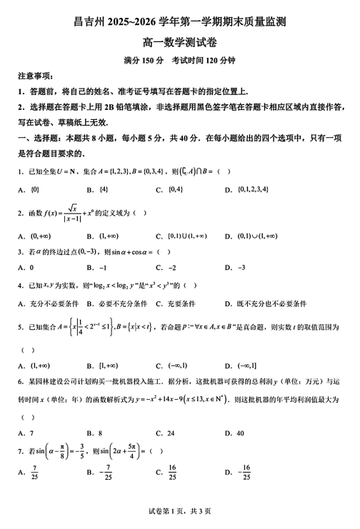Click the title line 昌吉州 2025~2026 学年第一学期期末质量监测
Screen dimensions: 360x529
coord(180,24)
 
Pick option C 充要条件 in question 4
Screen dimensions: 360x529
coord(182,303)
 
